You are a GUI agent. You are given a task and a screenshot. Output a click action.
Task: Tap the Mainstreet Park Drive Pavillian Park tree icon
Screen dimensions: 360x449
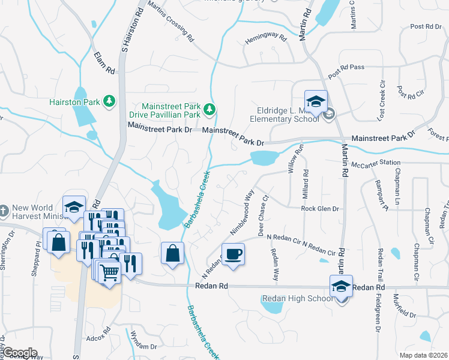tap(209, 109)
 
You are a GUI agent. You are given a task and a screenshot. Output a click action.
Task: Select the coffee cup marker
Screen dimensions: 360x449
tap(233, 253)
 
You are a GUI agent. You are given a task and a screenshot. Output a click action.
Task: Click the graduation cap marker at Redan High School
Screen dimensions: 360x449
tap(341, 286)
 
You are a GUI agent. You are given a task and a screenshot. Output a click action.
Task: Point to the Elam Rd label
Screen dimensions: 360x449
tap(104, 62)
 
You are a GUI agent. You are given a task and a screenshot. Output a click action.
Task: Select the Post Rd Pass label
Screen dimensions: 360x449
tap(346, 71)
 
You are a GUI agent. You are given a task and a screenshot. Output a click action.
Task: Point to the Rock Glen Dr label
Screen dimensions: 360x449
tap(320, 209)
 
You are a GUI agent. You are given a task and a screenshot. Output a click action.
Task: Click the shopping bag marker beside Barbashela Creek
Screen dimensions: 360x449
tap(172, 253)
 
